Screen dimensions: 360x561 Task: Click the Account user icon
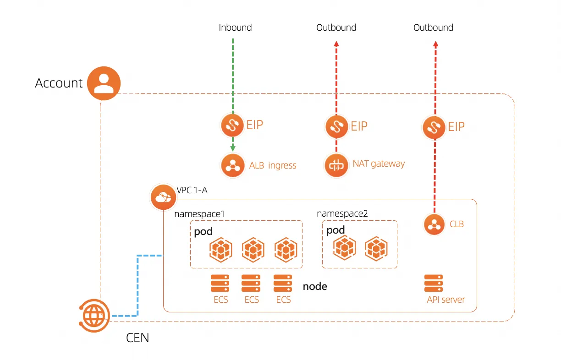pyautogui.click(x=104, y=83)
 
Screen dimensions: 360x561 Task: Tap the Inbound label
pyautogui.click(x=235, y=27)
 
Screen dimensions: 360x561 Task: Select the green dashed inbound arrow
pyautogui.click(x=233, y=73)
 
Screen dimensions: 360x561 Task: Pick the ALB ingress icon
pyautogui.click(x=233, y=165)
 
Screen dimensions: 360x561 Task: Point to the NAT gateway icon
pyautogui.click(x=336, y=165)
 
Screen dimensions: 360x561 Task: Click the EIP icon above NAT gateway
pyautogui.click(x=337, y=126)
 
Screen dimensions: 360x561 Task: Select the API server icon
pyautogui.click(x=434, y=283)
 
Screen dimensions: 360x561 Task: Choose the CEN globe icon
pyautogui.click(x=94, y=315)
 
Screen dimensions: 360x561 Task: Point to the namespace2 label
pyautogui.click(x=342, y=213)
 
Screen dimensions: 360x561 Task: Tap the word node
pyautogui.click(x=315, y=287)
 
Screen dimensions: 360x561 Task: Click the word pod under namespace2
pyautogui.click(x=335, y=230)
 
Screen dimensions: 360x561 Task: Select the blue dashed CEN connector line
pyautogui.click(x=137, y=284)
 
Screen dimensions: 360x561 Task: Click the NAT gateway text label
pyautogui.click(x=379, y=164)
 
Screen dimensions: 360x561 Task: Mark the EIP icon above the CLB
pyautogui.click(x=434, y=127)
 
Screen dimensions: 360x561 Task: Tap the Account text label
pyautogui.click(x=59, y=83)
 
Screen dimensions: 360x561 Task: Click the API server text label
pyautogui.click(x=445, y=300)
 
